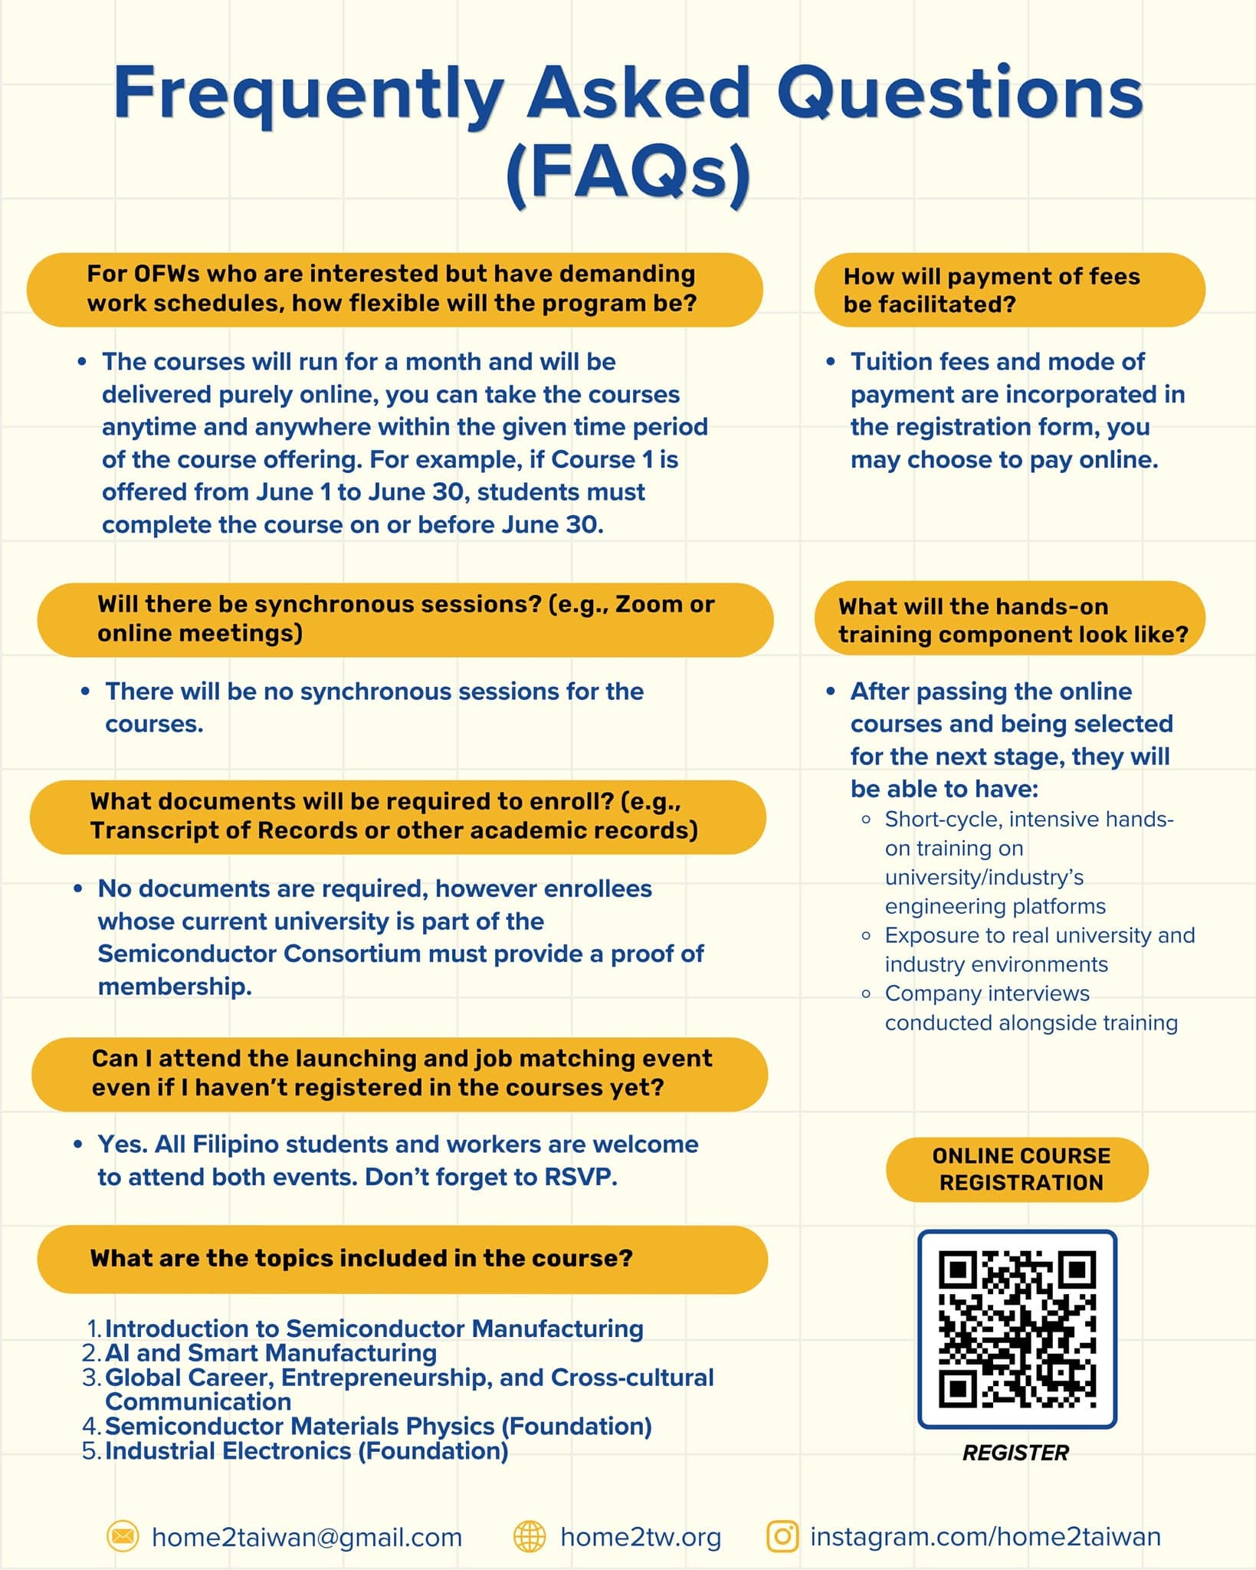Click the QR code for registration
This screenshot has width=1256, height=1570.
coord(1017,1329)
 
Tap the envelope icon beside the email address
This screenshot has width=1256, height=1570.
coord(123,1536)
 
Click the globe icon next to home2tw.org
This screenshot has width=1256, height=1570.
coord(530,1536)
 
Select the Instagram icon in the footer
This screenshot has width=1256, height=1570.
coord(782,1536)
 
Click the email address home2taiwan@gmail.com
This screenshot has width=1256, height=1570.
coord(307,1537)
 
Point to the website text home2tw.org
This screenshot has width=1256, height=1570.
coord(641,1537)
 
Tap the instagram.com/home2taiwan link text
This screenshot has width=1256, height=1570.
coord(985,1536)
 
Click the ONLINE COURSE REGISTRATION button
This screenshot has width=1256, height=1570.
coord(1017,1169)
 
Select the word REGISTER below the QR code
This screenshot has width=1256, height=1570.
coord(1015,1453)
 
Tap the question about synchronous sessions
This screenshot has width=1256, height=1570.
coord(405,619)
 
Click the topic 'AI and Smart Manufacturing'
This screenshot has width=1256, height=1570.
coord(271,1352)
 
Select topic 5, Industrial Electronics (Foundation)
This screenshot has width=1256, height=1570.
coord(307,1450)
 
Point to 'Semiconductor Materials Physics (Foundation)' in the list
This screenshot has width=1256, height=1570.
coord(379,1426)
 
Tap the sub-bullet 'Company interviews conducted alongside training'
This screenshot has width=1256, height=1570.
coord(1031,1007)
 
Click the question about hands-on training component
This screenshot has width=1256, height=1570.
coord(1012,619)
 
